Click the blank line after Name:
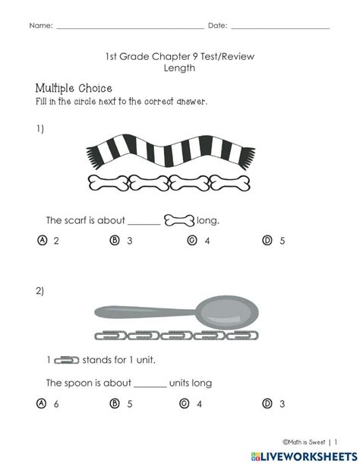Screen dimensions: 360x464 pyautogui.click(x=131, y=29)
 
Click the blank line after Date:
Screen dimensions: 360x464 pyautogui.click(x=280, y=29)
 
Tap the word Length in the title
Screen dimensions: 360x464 pyautogui.click(x=179, y=68)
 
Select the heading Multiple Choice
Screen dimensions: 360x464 pyautogui.click(x=74, y=88)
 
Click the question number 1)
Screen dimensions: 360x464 pyautogui.click(x=40, y=129)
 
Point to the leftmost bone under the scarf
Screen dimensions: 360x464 pyautogui.click(x=109, y=183)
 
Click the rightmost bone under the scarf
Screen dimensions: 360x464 pyautogui.click(x=229, y=183)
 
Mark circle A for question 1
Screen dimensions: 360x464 pyautogui.click(x=43, y=240)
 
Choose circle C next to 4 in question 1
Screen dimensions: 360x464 pyautogui.click(x=192, y=240)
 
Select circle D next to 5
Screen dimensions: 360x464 pyautogui.click(x=267, y=240)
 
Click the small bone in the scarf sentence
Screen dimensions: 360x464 pyautogui.click(x=179, y=220)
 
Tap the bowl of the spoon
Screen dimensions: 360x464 pyautogui.click(x=227, y=312)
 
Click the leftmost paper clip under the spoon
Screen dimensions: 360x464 pyautogui.click(x=111, y=336)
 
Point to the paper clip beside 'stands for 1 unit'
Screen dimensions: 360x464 pyautogui.click(x=67, y=360)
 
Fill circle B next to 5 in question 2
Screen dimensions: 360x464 pyautogui.click(x=115, y=403)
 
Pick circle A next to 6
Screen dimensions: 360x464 pyautogui.click(x=41, y=403)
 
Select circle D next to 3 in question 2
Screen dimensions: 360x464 pyautogui.click(x=267, y=403)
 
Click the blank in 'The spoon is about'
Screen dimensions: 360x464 pyautogui.click(x=150, y=387)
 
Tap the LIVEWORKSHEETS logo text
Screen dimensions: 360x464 pyautogui.click(x=309, y=456)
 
